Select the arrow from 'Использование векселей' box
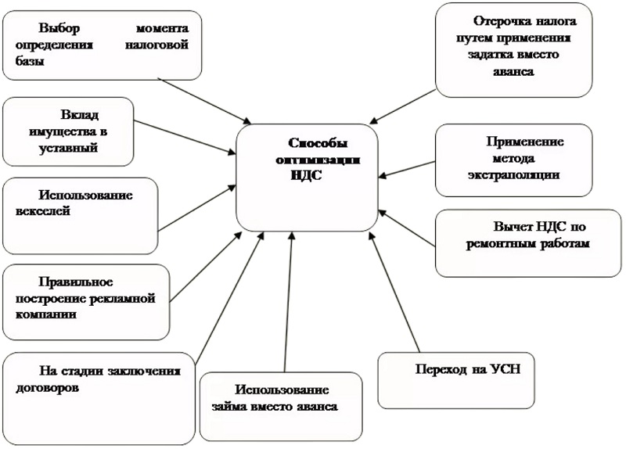[x=196, y=208]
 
